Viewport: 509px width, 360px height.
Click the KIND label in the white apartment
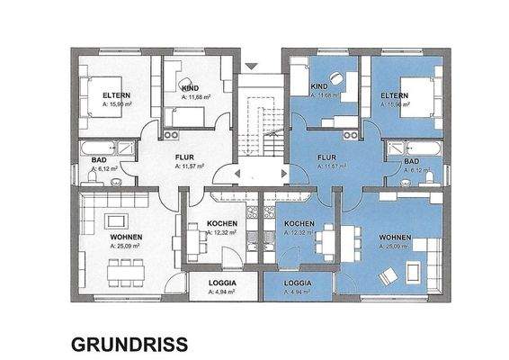tap(190, 89)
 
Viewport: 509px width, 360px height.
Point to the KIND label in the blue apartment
tap(319, 85)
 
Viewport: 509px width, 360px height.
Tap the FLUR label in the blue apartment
tap(326, 157)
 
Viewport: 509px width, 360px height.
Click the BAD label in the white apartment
tap(99, 160)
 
